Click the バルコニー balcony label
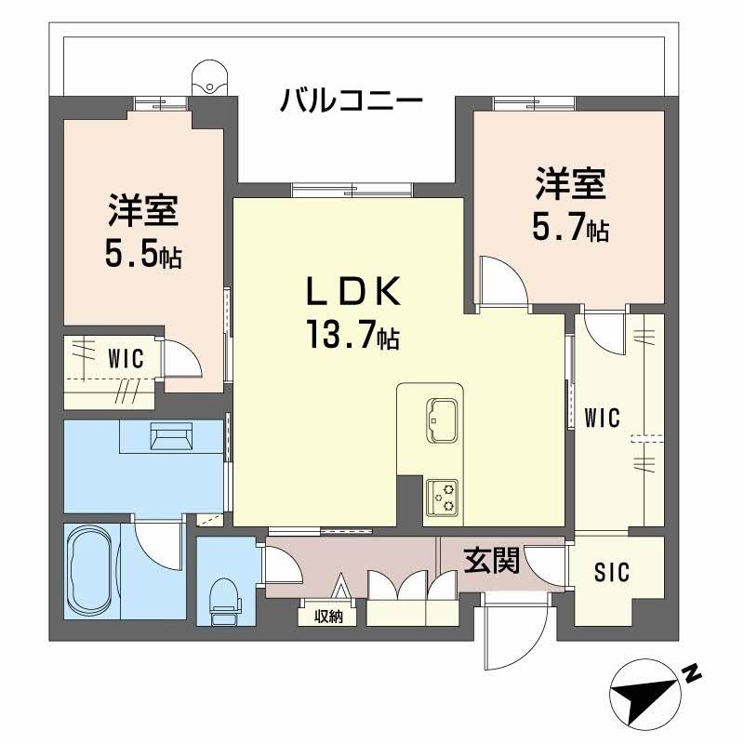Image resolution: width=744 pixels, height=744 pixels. pyautogui.click(x=352, y=100)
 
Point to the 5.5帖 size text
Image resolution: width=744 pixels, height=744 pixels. pyautogui.click(x=141, y=254)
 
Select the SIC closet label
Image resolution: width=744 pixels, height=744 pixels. pyautogui.click(x=611, y=572)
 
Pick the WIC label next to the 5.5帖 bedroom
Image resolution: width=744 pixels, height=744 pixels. pyautogui.click(x=125, y=359)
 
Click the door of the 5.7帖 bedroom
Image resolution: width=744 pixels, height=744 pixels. pyautogui.click(x=502, y=281)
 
